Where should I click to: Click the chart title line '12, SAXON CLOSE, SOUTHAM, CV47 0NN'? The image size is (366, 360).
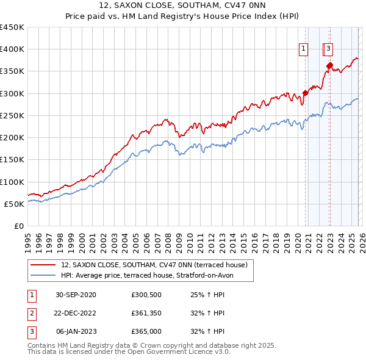(x=182, y=6)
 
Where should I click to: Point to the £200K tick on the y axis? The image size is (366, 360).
(x=12, y=137)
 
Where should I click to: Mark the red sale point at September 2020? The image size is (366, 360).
(x=305, y=93)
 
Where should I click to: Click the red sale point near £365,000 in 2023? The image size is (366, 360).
(x=329, y=65)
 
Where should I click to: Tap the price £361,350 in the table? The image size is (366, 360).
(x=146, y=313)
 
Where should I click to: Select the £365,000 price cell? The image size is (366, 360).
(x=146, y=331)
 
